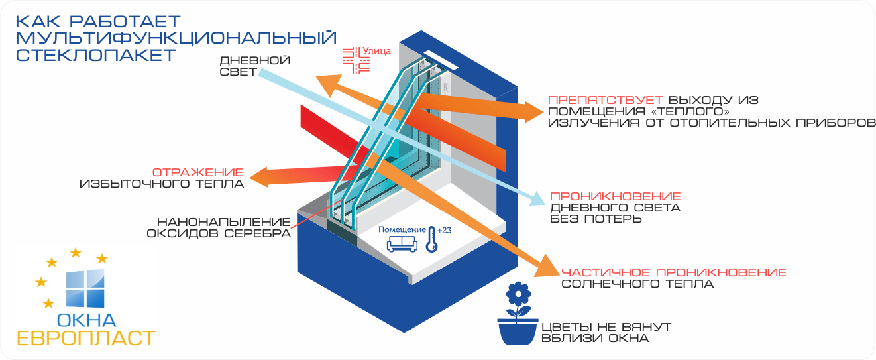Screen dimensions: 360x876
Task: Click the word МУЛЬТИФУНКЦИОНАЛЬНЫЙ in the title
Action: pos(176,37)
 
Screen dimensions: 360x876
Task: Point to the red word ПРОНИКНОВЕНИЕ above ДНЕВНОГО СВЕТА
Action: pos(615,196)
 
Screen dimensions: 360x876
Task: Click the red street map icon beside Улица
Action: pos(355,60)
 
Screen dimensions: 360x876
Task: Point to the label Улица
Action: pos(378,50)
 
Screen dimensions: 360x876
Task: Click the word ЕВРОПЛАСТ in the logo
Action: pos(85,337)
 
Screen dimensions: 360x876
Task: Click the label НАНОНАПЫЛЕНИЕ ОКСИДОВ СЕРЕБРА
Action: pos(223,227)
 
